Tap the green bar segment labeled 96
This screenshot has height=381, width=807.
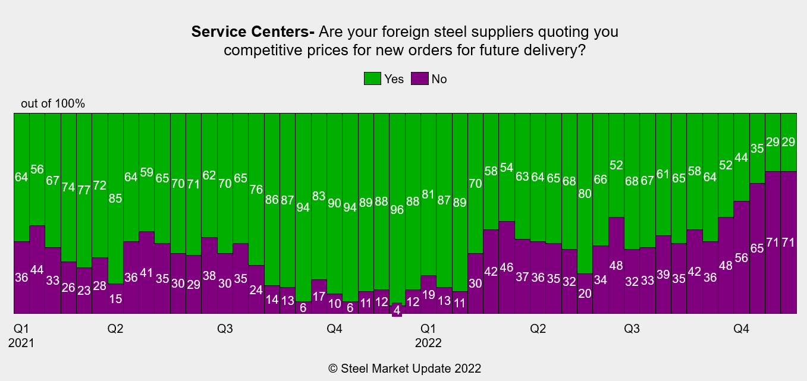tap(397, 207)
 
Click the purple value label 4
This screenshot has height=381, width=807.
tap(397, 310)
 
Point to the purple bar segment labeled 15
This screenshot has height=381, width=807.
tap(116, 298)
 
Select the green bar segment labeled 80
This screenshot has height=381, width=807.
tap(585, 193)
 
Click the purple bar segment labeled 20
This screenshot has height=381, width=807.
tap(585, 294)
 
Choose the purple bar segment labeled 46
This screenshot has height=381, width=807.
tap(507, 267)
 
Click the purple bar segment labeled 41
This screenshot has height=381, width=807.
tap(147, 272)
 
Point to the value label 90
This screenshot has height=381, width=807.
tap(335, 203)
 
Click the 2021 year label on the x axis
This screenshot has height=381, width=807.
tap(21, 343)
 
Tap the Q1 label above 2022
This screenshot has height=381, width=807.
tap(428, 329)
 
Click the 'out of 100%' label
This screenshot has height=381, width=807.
tap(53, 103)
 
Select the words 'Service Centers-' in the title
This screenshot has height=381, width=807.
tap(253, 32)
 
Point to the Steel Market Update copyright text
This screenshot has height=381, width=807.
tap(404, 369)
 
